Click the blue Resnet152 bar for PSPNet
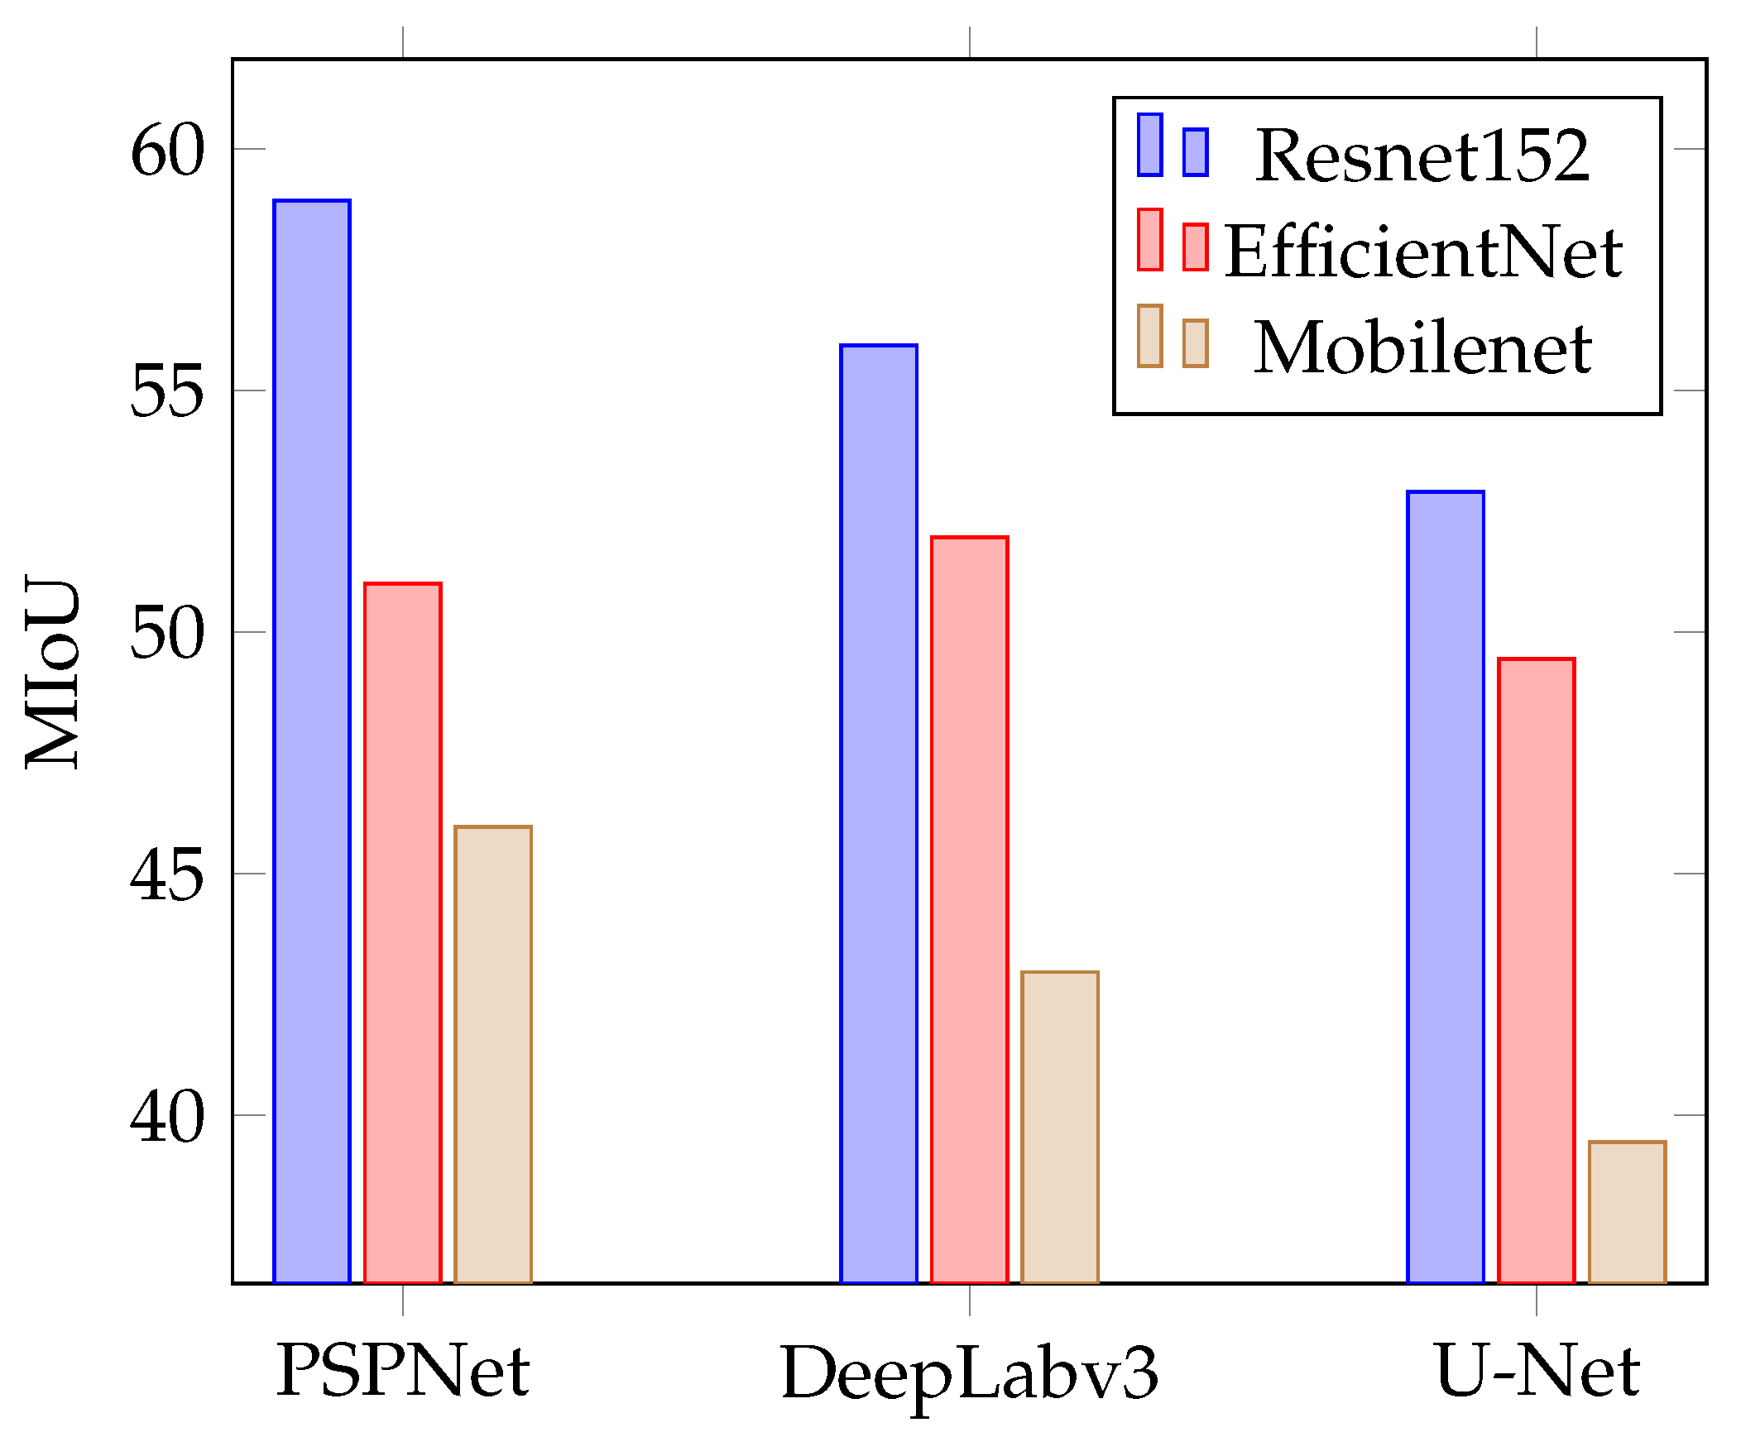[x=311, y=741]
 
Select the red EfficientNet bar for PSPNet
[x=402, y=932]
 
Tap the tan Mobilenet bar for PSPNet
[x=492, y=1053]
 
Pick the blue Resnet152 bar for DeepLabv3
[x=879, y=813]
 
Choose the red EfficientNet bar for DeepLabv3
[x=969, y=909]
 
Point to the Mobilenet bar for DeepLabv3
[x=1060, y=1126]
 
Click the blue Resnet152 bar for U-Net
[x=1446, y=886]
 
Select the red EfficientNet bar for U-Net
[x=1536, y=970]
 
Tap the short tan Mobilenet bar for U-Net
[x=1627, y=1211]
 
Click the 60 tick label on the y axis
[x=166, y=151]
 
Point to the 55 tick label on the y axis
[x=166, y=391]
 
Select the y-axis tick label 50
[x=166, y=633]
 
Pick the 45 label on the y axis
[x=166, y=875]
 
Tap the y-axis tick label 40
[x=166, y=1117]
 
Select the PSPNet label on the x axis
[x=402, y=1372]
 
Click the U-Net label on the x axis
[x=1537, y=1372]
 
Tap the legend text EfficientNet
[x=1422, y=251]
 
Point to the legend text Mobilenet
[x=1422, y=347]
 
